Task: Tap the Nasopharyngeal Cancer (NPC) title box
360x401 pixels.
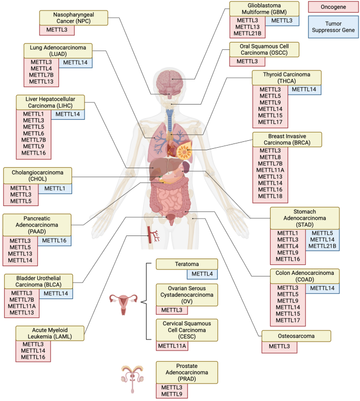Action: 74,17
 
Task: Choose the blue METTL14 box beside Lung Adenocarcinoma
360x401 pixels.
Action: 76,63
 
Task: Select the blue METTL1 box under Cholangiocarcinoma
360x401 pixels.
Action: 55,188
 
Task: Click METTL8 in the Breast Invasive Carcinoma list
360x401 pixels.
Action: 270,157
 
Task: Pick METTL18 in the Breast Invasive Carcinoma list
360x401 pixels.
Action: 270,197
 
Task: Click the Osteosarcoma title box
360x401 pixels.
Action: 296,335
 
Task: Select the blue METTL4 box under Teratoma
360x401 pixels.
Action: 202,273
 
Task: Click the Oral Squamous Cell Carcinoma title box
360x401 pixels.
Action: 264,50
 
